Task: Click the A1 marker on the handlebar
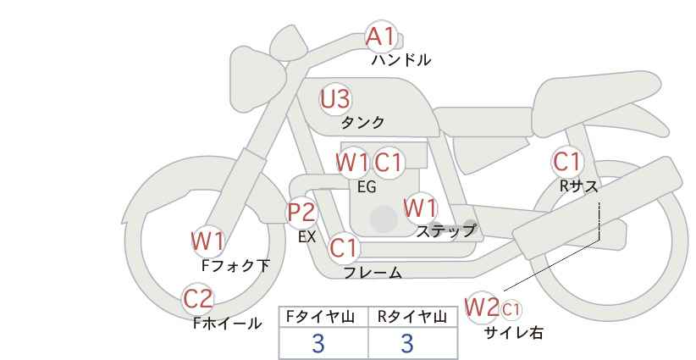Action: (x=380, y=36)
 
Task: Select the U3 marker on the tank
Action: (x=334, y=99)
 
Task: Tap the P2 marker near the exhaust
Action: (x=301, y=212)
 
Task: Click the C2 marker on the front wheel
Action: (x=198, y=299)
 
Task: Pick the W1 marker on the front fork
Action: (x=207, y=241)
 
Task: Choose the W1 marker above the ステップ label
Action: (x=420, y=208)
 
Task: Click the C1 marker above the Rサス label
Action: (x=566, y=161)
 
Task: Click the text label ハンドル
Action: (x=401, y=60)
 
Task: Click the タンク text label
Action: (x=362, y=123)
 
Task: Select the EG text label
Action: (x=367, y=187)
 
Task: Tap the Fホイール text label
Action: (x=228, y=324)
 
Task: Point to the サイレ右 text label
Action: (x=513, y=333)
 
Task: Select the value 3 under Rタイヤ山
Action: (x=406, y=343)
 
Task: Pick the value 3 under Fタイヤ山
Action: (x=318, y=343)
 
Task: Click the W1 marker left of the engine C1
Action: (x=352, y=161)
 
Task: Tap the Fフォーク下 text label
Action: (x=235, y=266)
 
